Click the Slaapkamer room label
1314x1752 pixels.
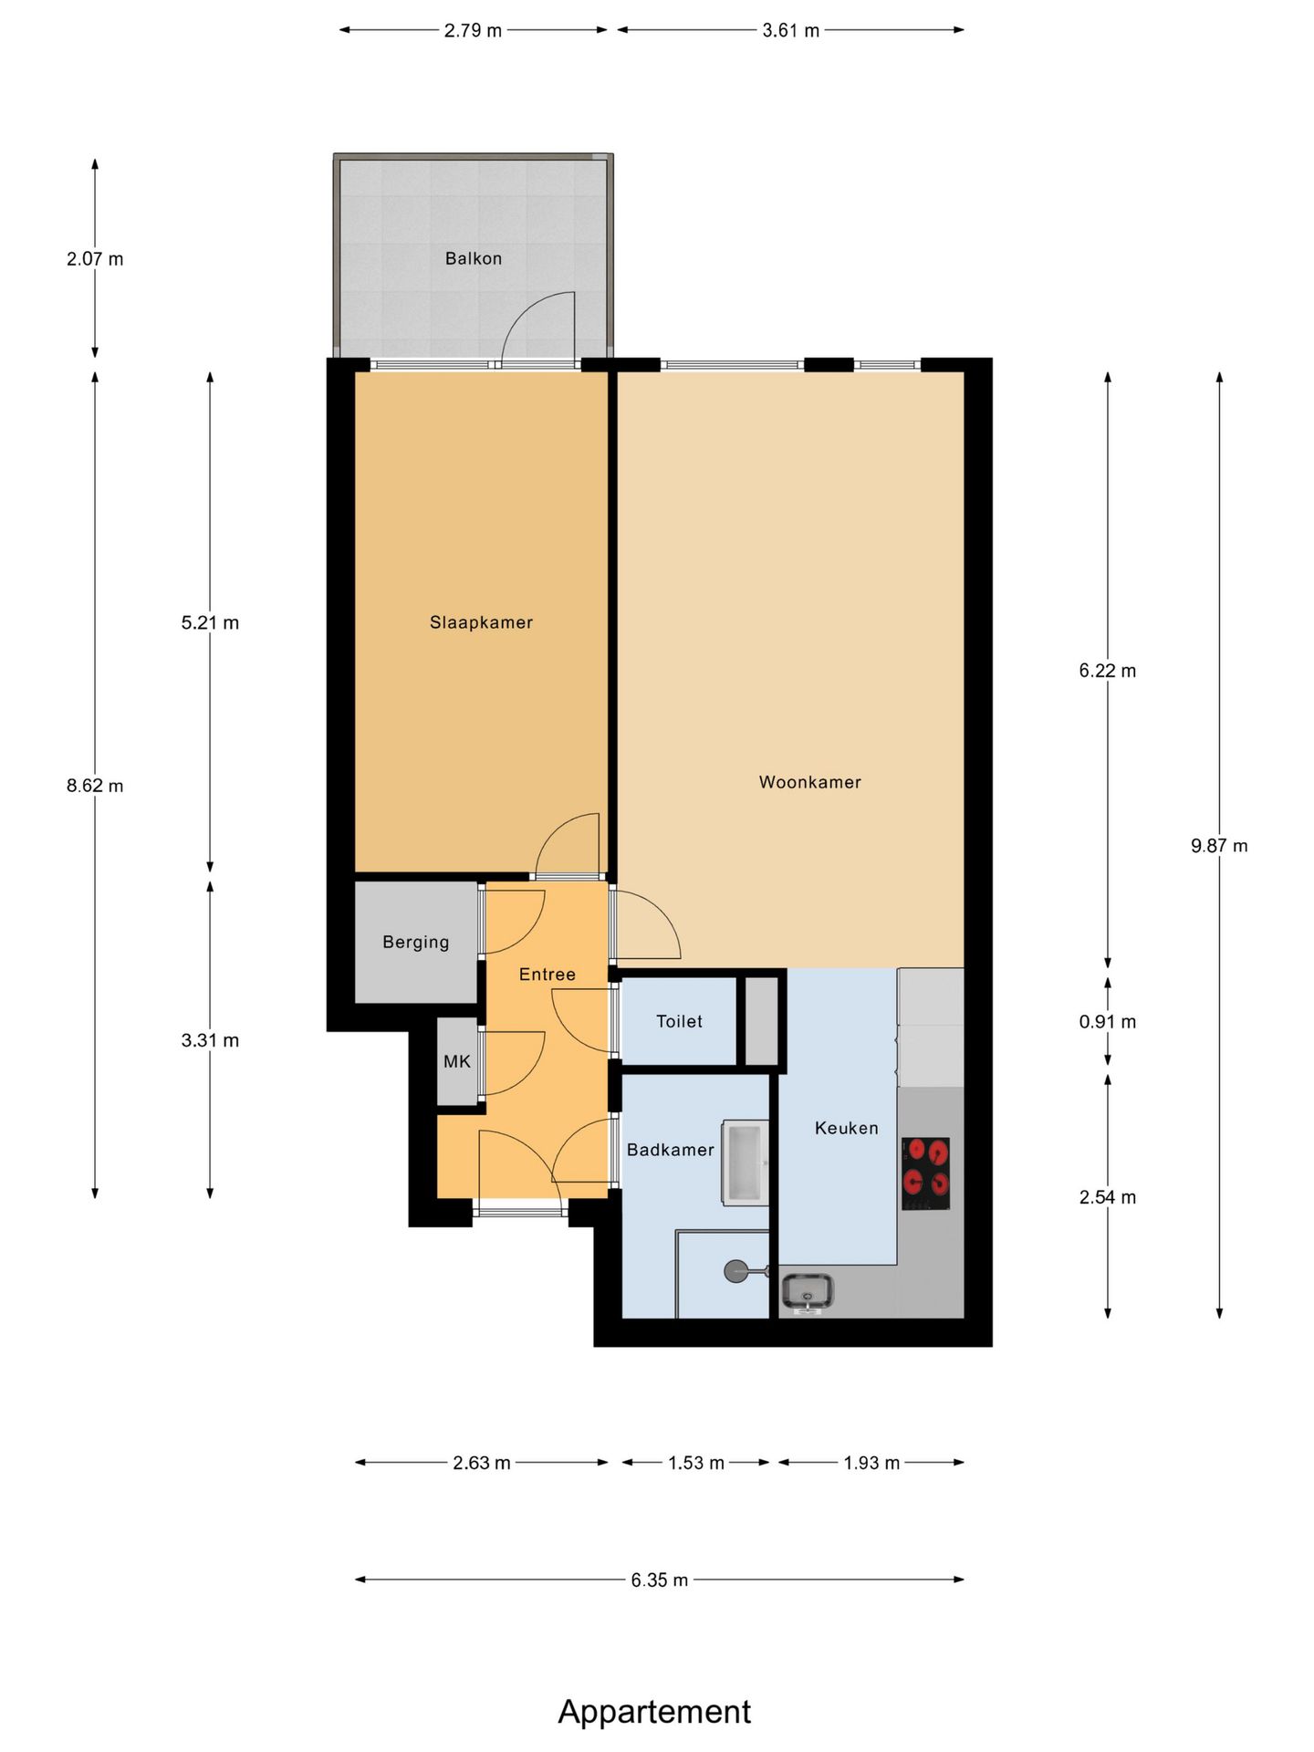(x=481, y=622)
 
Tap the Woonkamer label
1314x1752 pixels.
(x=810, y=782)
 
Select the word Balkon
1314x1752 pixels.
(x=474, y=258)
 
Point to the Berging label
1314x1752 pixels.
(x=416, y=943)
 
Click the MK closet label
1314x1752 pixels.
(x=457, y=1061)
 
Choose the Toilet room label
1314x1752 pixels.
(x=680, y=1021)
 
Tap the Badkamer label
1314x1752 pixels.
(x=671, y=1150)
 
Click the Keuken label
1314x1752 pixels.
(x=847, y=1128)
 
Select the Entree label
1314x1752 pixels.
(x=547, y=975)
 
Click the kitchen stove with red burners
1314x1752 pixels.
(x=925, y=1173)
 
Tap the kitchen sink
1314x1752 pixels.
(x=808, y=1292)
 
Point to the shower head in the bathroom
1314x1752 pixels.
(x=735, y=1270)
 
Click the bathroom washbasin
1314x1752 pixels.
(x=746, y=1163)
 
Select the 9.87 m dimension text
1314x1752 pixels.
(x=1219, y=846)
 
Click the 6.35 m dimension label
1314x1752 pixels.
(x=660, y=1580)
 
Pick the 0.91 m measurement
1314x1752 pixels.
(x=1108, y=1022)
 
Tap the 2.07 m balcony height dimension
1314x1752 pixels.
(x=95, y=259)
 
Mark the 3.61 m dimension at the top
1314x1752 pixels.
(x=791, y=30)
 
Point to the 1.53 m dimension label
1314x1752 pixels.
(x=696, y=1463)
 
